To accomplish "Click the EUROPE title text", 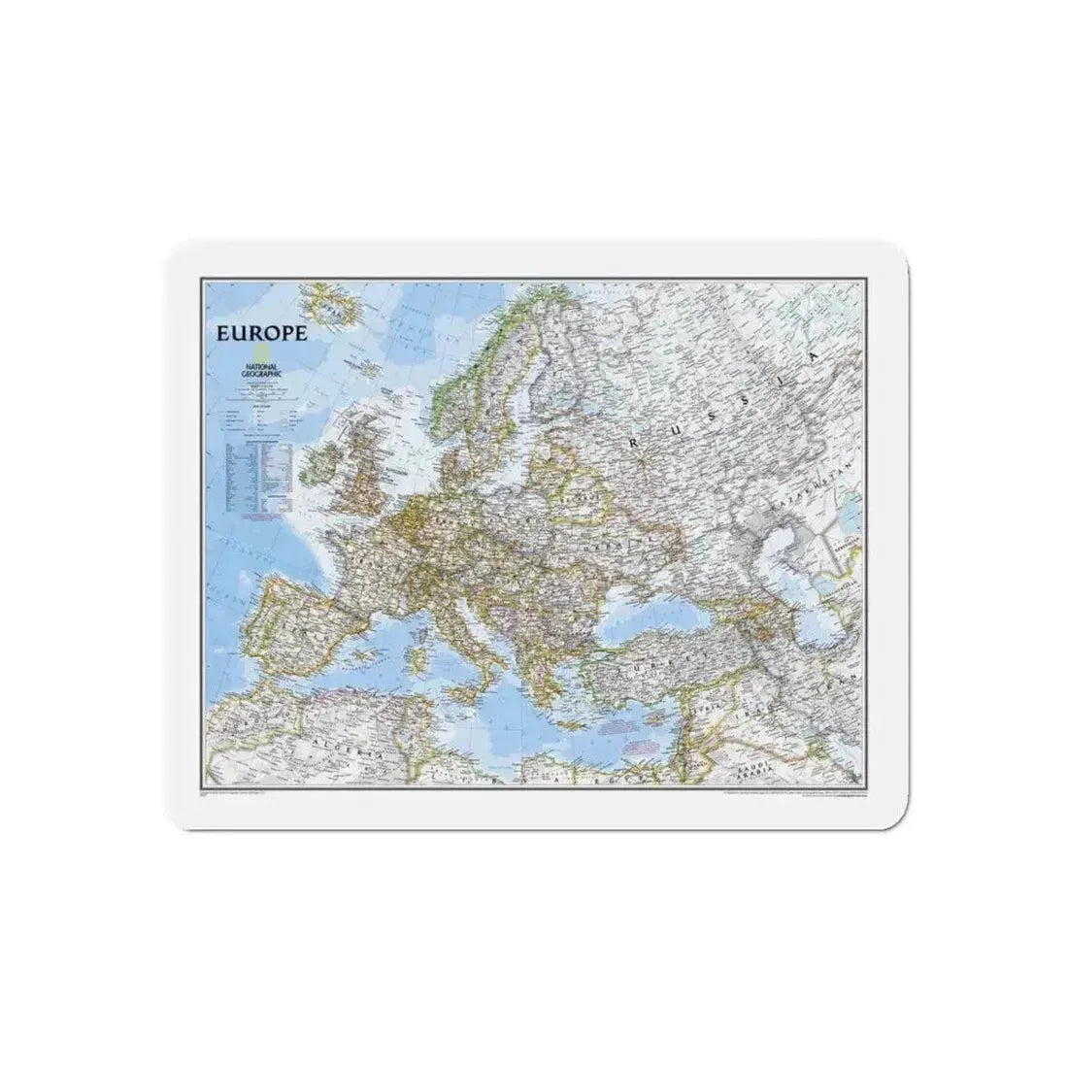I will [262, 333].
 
